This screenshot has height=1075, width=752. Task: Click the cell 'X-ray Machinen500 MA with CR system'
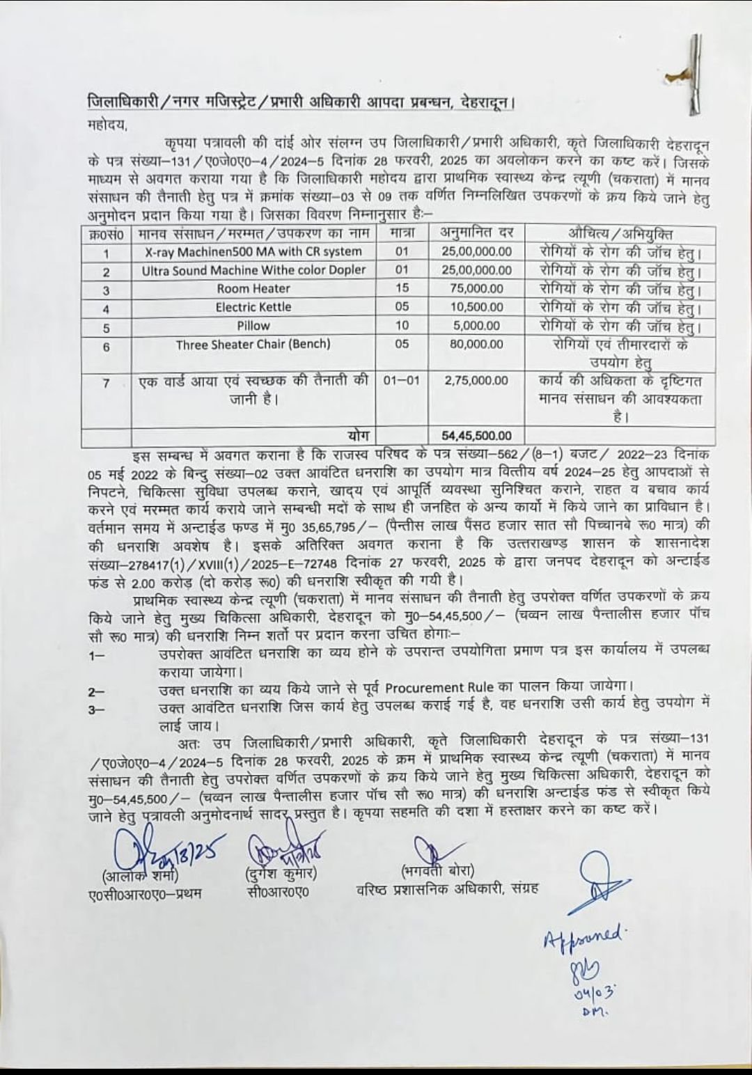253,251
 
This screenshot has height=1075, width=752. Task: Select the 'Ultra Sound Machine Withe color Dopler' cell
253,270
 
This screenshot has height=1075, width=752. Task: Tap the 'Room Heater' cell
253,288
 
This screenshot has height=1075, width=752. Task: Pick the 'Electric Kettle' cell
253,307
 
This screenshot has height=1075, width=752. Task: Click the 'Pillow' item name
253,325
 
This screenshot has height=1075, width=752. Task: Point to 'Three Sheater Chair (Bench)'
253,344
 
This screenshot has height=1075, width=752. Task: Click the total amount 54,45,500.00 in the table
477,436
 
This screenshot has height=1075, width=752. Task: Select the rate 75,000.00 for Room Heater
477,288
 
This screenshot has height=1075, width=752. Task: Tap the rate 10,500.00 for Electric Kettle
477,307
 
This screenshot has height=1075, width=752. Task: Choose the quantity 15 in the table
402,288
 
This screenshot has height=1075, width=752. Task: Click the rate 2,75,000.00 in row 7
477,381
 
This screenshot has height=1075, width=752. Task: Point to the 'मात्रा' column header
402,233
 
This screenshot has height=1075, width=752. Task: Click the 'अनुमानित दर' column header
477,233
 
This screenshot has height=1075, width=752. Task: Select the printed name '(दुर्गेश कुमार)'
281,874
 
